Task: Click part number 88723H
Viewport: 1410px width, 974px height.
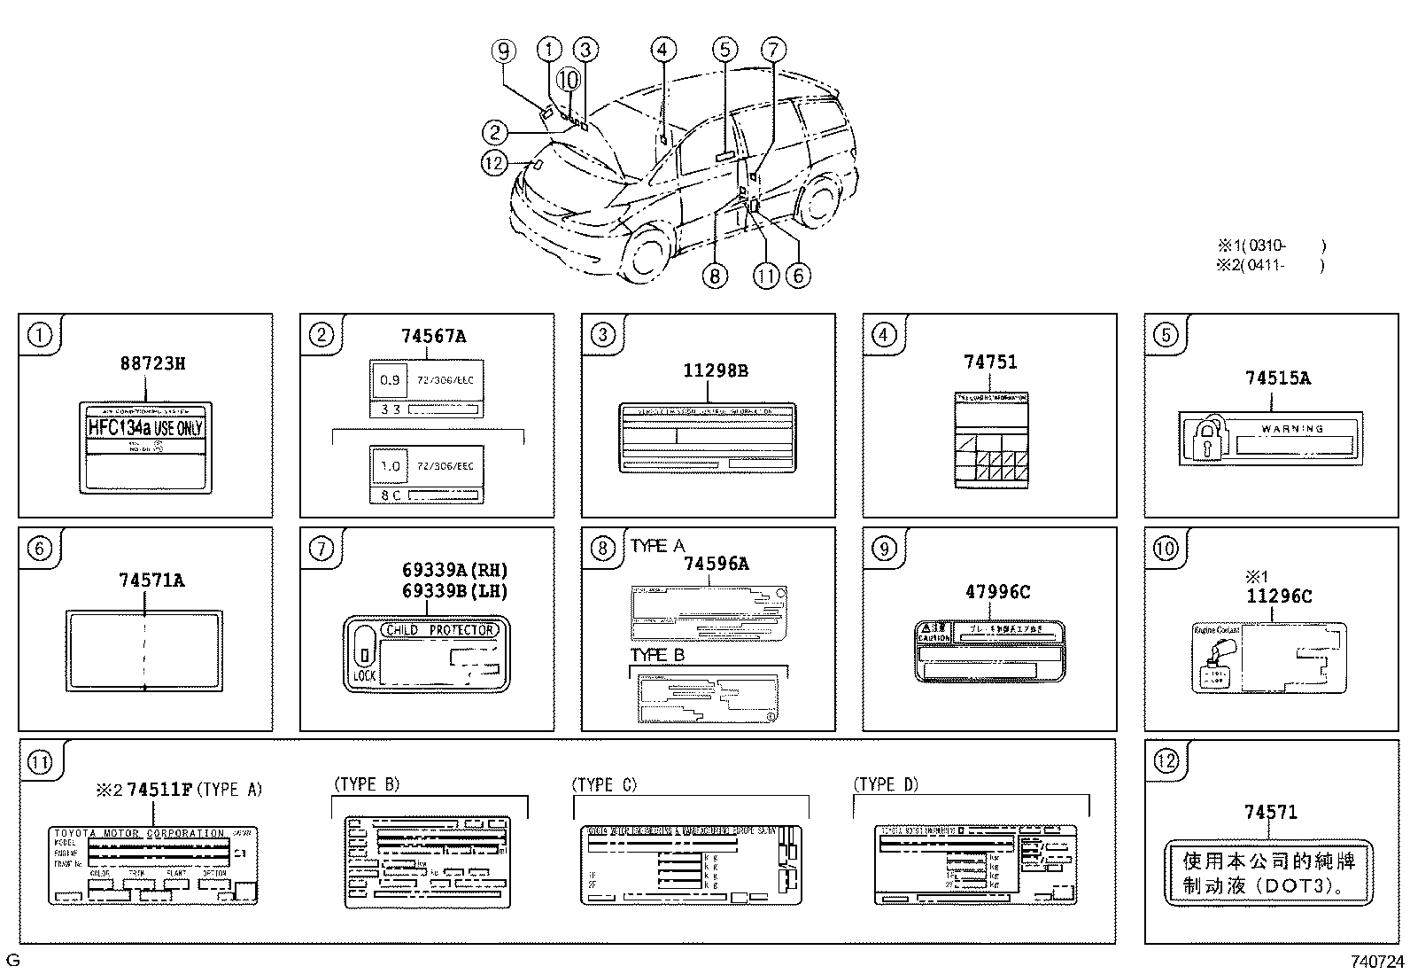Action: (152, 363)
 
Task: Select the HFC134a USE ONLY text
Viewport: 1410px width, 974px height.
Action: (145, 428)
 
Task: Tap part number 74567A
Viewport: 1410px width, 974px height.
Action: (433, 336)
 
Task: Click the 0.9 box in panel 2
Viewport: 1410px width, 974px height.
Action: (390, 380)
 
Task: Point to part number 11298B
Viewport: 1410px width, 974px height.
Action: (715, 370)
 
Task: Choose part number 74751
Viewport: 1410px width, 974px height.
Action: (990, 362)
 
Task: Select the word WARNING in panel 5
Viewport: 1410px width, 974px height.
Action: (1292, 428)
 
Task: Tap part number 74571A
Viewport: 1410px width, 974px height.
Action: (151, 581)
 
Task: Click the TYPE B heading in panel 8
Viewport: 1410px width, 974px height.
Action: (657, 656)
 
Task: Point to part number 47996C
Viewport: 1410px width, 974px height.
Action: (997, 592)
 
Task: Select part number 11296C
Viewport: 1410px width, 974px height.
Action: (1279, 596)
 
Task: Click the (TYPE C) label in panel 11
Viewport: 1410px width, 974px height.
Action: (604, 784)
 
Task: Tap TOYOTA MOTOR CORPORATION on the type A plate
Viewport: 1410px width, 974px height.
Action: (139, 833)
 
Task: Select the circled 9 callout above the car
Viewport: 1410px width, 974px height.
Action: (503, 51)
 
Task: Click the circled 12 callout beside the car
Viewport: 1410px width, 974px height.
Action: (494, 162)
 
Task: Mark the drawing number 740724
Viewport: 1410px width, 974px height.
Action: (1376, 962)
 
